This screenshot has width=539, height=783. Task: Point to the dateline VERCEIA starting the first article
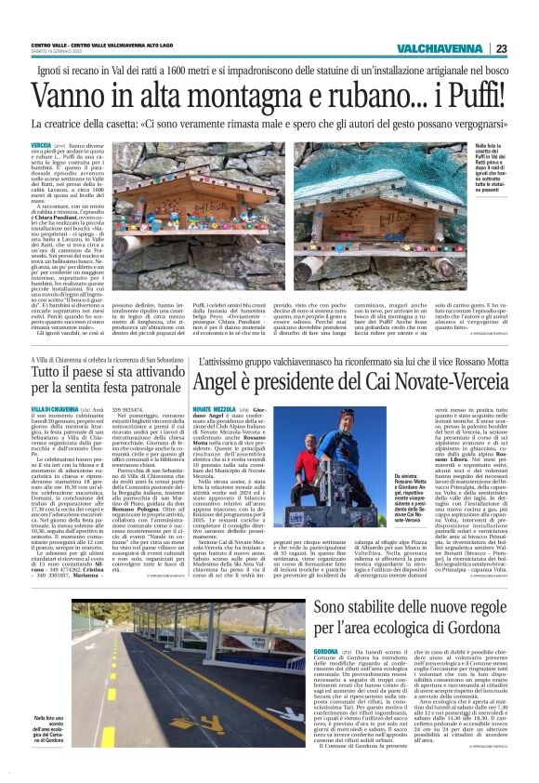click(41, 147)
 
